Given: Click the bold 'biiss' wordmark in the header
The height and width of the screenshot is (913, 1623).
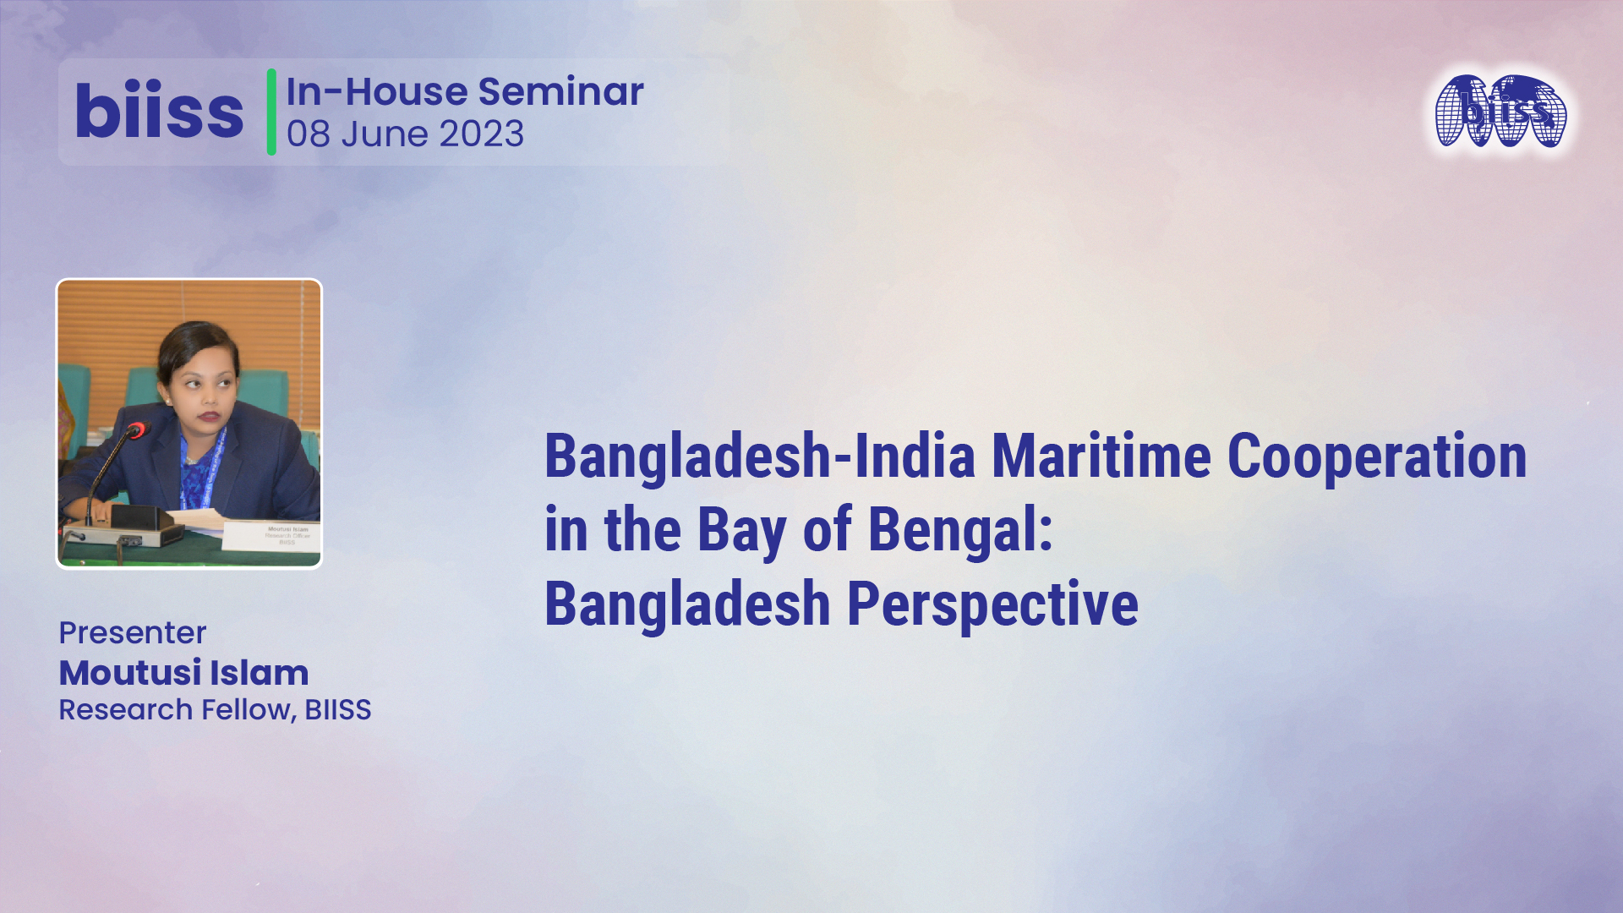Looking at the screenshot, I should click(159, 112).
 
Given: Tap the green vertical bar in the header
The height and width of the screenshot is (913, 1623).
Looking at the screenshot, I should click(271, 112).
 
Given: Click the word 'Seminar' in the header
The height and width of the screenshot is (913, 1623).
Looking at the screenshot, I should click(560, 91).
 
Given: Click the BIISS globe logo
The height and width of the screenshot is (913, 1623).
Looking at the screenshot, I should click(1500, 112).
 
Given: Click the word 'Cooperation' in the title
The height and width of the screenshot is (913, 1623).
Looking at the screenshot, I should click(1376, 456).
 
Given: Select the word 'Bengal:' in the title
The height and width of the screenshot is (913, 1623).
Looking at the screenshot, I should click(960, 531).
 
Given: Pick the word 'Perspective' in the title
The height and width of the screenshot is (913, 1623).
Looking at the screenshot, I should click(992, 604).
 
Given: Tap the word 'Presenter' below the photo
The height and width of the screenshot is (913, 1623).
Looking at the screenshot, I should click(133, 632).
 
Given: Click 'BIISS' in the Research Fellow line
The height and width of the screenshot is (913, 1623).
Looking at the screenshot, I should click(338, 710).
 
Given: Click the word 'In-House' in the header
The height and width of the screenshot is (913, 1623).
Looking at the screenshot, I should click(377, 91).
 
